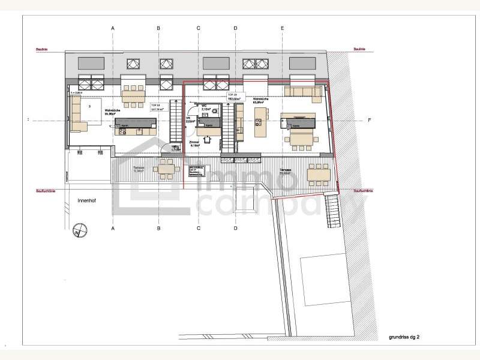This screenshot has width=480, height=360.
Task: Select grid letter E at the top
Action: click(282, 28)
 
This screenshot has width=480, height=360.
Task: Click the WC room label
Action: click(205, 107)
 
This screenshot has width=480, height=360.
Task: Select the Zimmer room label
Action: click(194, 143)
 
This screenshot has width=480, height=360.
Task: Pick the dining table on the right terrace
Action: click(318, 175)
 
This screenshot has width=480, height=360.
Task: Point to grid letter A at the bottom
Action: click(112, 229)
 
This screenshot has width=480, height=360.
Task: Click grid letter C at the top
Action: click(198, 28)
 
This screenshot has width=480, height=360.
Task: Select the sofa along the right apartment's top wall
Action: click(304, 91)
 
